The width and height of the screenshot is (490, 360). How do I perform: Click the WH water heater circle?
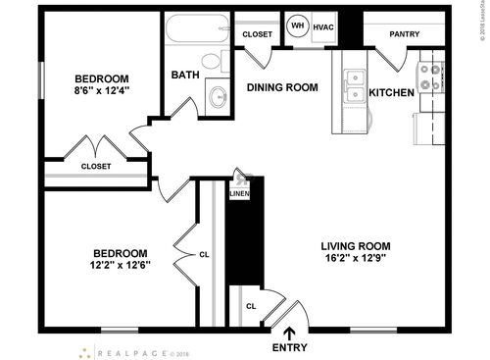[x=296, y=26]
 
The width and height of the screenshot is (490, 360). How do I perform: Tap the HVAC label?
[x=324, y=26]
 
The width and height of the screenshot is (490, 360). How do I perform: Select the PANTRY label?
[x=405, y=34]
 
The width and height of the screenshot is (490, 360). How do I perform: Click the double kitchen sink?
[x=354, y=87]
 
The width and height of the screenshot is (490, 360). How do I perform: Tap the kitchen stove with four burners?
[x=429, y=77]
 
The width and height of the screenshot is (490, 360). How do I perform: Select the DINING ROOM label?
[x=282, y=87]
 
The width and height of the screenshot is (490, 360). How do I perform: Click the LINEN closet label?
[x=239, y=194]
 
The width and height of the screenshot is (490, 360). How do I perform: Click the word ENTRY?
[x=289, y=348]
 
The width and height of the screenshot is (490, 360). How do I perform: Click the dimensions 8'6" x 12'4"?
[x=103, y=91]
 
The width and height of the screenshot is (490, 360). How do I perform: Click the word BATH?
[x=185, y=75]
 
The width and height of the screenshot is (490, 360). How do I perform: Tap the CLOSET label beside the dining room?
[x=257, y=34]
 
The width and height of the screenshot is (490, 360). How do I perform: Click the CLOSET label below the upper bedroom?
[x=95, y=166]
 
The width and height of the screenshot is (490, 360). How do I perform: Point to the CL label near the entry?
[x=251, y=305]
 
